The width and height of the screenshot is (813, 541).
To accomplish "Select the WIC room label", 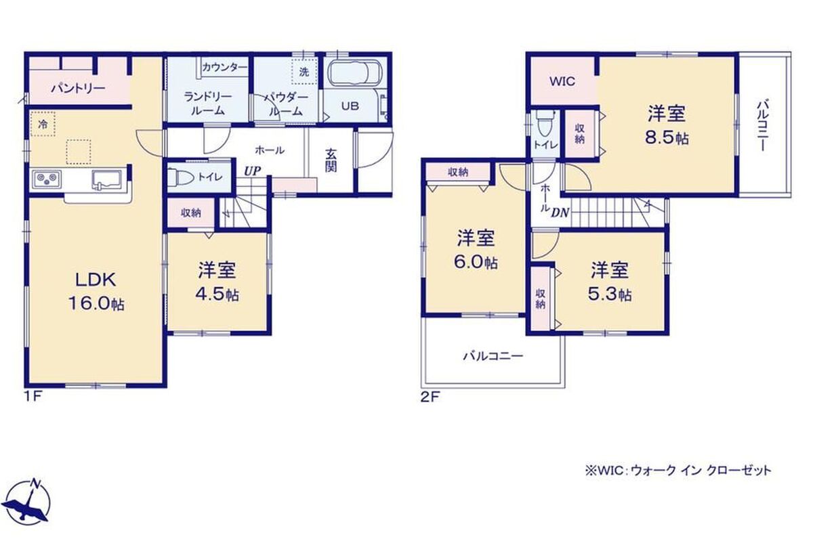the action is (562, 81).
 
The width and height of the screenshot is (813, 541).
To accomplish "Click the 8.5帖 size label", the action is (667, 138).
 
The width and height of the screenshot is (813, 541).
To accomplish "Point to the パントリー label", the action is (78, 88).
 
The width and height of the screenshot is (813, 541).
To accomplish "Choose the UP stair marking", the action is (252, 171).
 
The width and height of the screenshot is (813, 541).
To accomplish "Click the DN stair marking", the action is (560, 213).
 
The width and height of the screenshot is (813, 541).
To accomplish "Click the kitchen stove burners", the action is (47, 179).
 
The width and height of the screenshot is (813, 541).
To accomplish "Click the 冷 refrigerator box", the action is (43, 124).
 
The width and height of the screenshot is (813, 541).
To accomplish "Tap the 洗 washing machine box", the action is (304, 72).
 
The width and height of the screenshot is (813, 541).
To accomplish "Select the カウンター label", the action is (224, 67).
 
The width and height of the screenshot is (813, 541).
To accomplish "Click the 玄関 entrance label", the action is (331, 160).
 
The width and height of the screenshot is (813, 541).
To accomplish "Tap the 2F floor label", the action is (430, 397).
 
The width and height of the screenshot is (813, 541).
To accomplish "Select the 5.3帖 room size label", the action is (610, 295).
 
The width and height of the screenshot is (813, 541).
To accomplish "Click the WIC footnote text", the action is (677, 471).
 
